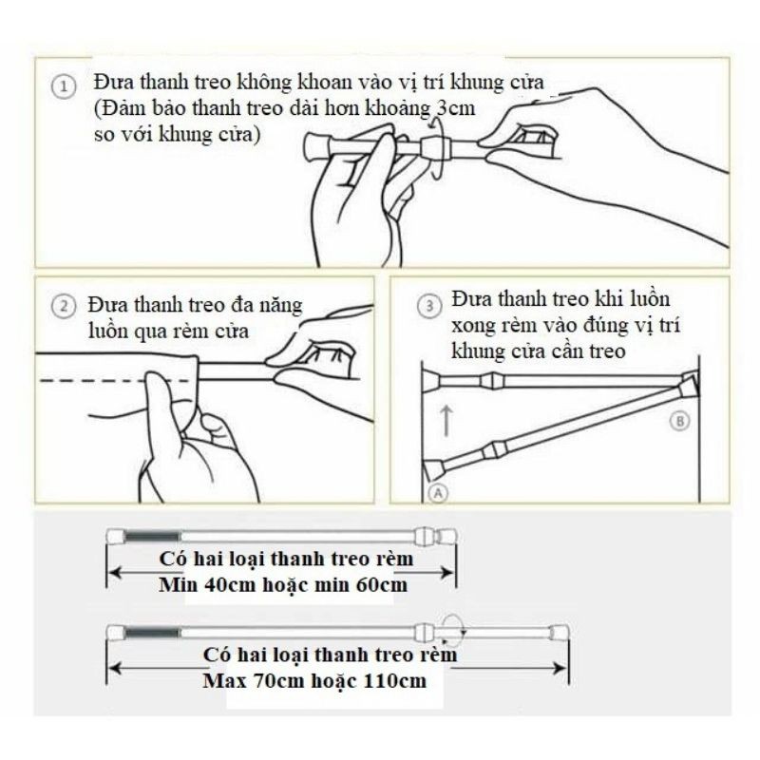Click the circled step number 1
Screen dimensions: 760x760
point(63,87)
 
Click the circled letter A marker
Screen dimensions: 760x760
point(436,491)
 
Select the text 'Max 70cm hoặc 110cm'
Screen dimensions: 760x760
point(314,681)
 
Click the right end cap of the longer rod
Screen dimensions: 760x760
point(561,631)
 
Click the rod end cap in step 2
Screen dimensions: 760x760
point(333,358)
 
